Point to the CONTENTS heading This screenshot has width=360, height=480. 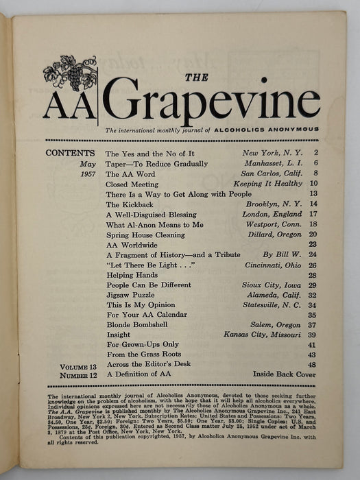coord(70,154)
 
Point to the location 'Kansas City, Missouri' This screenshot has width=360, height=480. coord(263,335)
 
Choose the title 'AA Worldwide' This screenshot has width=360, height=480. coord(132,244)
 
